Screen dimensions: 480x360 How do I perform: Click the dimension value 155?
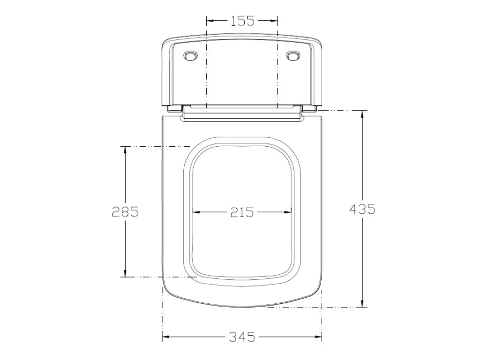[242, 21]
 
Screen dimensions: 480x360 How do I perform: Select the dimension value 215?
[242, 212]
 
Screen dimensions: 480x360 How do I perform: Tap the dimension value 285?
[125, 211]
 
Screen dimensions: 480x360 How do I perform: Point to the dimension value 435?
[362, 209]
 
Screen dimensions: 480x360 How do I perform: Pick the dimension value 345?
[242, 337]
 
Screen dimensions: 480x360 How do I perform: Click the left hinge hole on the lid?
[190, 56]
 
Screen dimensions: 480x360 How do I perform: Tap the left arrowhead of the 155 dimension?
[211, 21]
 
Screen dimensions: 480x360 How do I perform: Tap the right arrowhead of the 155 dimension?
[273, 21]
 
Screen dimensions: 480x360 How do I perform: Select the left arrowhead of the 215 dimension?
[197, 212]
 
